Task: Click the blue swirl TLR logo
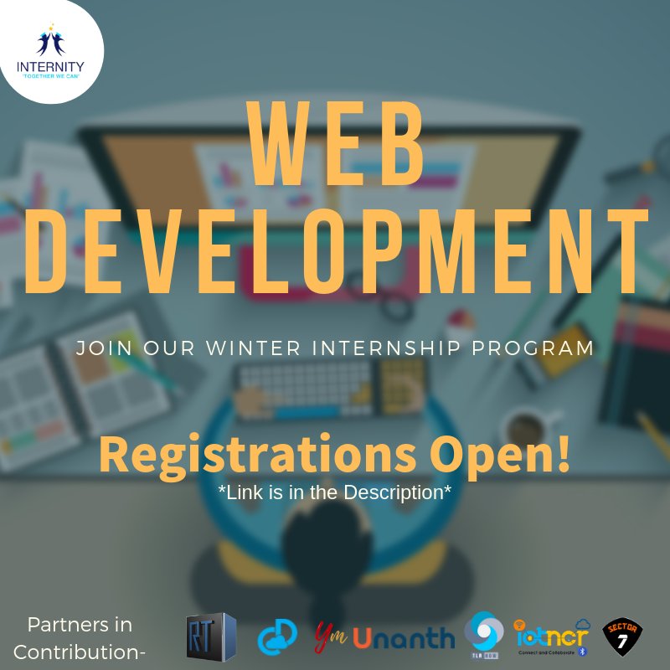coord(483,634)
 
